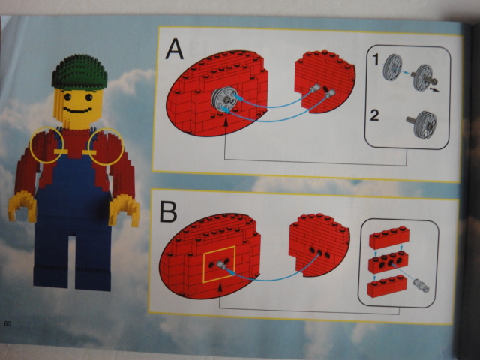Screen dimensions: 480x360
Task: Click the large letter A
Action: tap(174, 49)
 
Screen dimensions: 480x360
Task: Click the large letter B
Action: tap(168, 211)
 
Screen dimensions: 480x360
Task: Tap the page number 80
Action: tap(7, 323)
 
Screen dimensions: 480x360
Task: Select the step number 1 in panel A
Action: tap(376, 59)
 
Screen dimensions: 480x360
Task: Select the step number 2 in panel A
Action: tap(374, 115)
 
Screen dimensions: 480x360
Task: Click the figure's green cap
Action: tap(79, 72)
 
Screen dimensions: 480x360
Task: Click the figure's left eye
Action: tap(67, 97)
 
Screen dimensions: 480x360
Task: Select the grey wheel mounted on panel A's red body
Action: tap(225, 100)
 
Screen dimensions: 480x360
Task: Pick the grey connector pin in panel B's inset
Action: tap(421, 285)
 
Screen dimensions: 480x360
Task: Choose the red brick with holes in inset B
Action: tap(388, 262)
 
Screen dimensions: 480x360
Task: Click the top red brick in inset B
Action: tap(388, 238)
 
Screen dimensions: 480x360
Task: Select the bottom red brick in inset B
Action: tap(387, 286)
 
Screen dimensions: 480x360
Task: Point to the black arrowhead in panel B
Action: tap(220, 287)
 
